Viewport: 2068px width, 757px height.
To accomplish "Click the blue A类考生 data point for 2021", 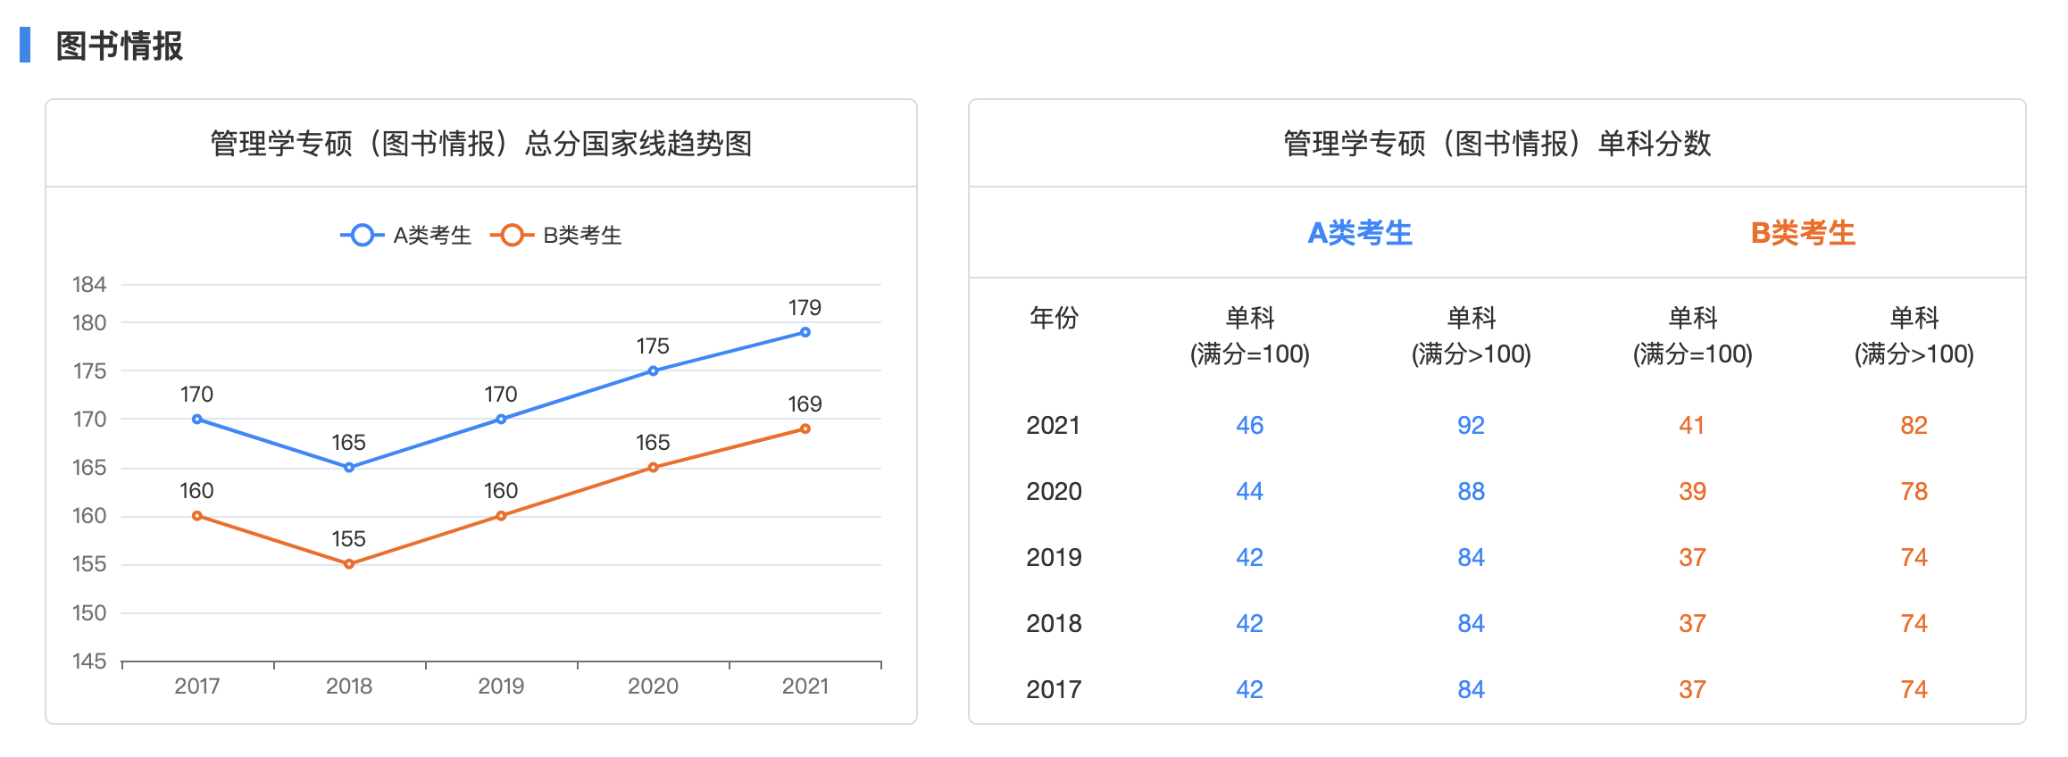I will tap(805, 332).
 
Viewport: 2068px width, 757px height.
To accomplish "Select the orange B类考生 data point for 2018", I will tap(349, 564).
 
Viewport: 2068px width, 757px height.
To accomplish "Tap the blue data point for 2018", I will tap(349, 468).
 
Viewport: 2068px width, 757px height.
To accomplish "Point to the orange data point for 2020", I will tap(653, 468).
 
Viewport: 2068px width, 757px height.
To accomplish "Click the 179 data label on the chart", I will tap(805, 308).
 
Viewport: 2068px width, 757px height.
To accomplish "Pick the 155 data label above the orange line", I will tap(348, 539).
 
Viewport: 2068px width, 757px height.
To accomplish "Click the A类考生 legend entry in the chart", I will tap(407, 236).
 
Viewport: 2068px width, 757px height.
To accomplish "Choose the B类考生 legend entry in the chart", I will tap(557, 236).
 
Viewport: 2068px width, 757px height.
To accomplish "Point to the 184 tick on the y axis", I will tap(89, 285).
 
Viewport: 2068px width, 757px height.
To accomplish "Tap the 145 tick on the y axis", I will tap(89, 661).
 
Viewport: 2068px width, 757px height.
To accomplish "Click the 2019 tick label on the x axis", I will tap(501, 686).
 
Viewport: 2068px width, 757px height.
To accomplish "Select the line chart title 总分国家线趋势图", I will tap(481, 144).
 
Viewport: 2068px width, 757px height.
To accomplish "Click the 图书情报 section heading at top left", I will tap(119, 46).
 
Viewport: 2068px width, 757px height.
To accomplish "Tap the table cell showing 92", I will tap(1471, 426).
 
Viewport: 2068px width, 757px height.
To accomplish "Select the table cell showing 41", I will tap(1692, 426).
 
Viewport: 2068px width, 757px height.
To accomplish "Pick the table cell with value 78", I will tap(1914, 492).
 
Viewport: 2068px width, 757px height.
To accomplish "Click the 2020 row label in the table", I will tap(1054, 492).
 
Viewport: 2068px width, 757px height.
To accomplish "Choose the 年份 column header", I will tap(1054, 318).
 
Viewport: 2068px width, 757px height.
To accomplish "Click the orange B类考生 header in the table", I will tap(1803, 234).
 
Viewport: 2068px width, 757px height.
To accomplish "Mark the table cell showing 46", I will tap(1249, 426).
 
